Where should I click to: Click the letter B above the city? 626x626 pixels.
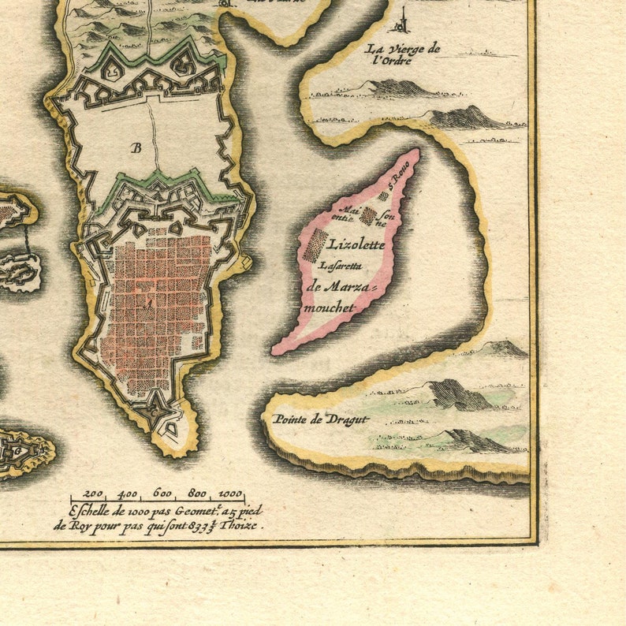click(x=136, y=147)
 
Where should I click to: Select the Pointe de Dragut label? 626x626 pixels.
click(x=320, y=419)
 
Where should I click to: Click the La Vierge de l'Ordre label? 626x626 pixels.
click(x=401, y=54)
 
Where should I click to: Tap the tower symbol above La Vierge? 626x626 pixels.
click(x=404, y=20)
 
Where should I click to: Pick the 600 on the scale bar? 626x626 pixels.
click(x=162, y=494)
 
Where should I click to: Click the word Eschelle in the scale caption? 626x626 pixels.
click(x=91, y=511)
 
